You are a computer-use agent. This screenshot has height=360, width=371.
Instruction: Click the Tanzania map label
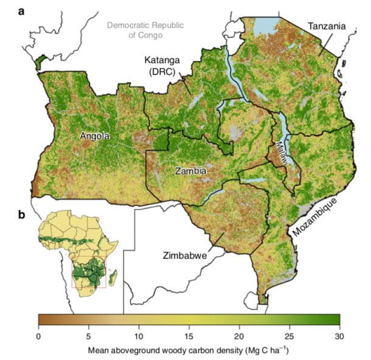click(327, 26)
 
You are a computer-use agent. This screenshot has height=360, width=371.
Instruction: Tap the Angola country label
click(95, 137)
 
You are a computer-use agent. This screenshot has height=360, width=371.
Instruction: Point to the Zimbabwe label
click(183, 256)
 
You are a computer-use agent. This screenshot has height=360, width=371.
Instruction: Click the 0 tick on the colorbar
click(38, 335)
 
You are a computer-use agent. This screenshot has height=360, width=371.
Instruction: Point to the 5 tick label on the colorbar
click(88, 335)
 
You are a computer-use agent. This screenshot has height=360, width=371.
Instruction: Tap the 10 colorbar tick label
click(139, 335)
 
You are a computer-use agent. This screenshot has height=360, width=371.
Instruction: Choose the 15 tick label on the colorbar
click(189, 335)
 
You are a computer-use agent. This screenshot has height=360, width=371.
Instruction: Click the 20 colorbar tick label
click(239, 335)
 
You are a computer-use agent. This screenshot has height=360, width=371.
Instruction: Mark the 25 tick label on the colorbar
click(290, 335)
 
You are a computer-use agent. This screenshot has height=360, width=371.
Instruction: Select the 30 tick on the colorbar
click(339, 335)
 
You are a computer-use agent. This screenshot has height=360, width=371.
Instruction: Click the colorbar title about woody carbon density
click(189, 350)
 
